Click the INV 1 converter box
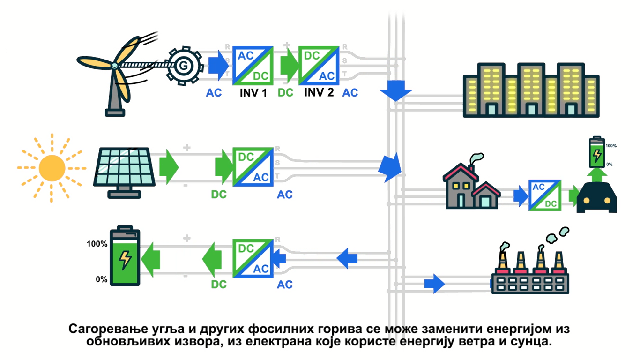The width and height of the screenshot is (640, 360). point(253,66)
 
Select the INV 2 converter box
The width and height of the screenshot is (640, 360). point(319,66)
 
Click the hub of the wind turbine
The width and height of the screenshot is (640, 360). point(114,66)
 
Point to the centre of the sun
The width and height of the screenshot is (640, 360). point(52,167)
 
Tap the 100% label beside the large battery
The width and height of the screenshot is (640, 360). point(97,244)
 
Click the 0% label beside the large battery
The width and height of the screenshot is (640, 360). point(101,279)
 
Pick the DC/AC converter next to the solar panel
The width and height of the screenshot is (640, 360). point(253,167)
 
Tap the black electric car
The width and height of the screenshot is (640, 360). point(596,199)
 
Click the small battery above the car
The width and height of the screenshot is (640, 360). point(596,153)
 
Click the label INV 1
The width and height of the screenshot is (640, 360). point(253,92)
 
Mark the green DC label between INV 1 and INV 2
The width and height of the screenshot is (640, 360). point(285,92)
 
